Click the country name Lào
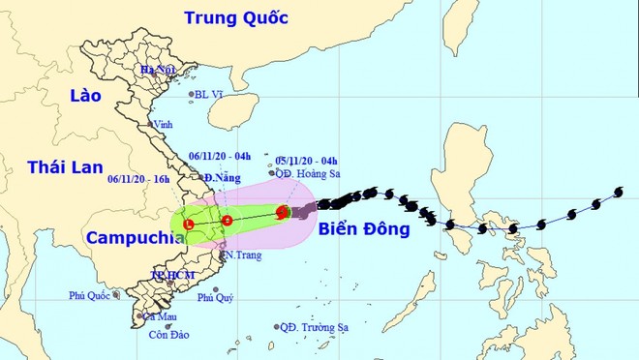coord(84,95)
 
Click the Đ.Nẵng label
coord(222,179)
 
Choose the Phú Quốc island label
coord(88,294)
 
